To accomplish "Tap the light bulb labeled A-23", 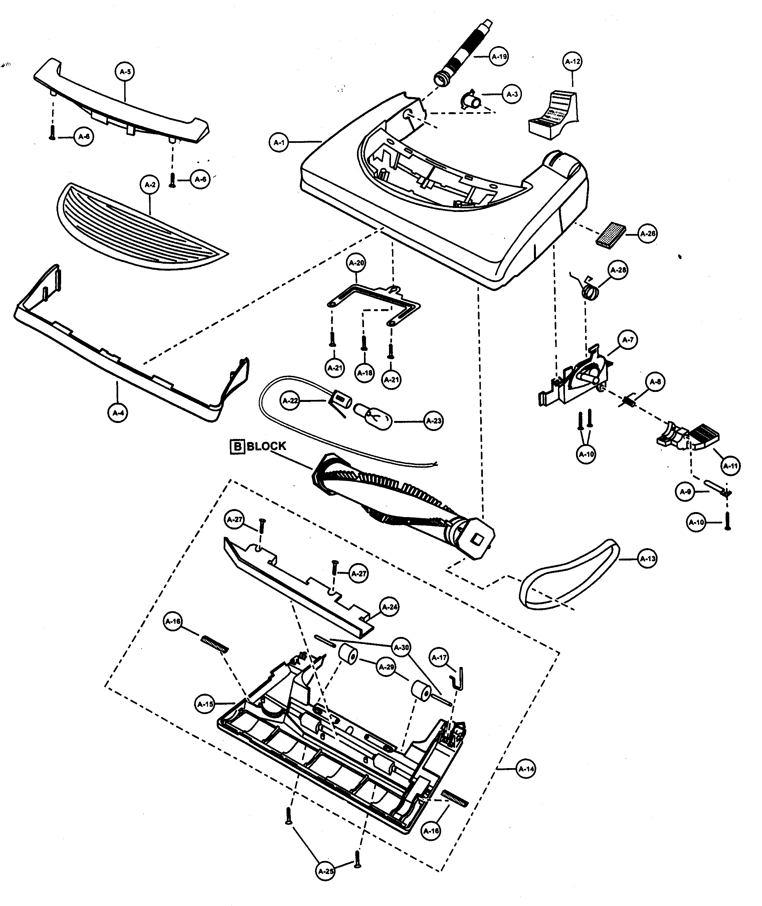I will [373, 418].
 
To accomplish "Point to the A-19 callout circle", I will [499, 56].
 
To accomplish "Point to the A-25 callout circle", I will [326, 871].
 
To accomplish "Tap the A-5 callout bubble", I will [125, 72].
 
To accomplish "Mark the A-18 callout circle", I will [365, 373].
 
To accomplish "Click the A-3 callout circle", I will [512, 94].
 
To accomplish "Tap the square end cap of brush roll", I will [477, 538].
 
